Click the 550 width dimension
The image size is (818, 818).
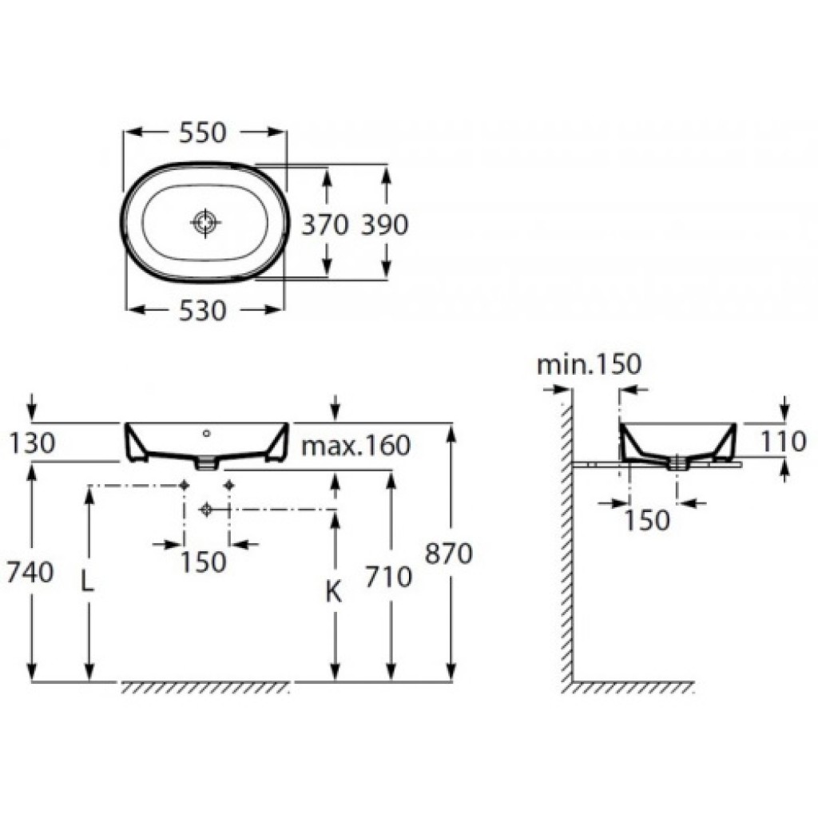(x=204, y=133)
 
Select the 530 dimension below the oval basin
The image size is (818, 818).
(x=204, y=311)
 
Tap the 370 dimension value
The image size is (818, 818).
(x=325, y=224)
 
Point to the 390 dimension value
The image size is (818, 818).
(x=385, y=224)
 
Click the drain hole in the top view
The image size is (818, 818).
(x=205, y=223)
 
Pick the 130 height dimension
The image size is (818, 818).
(x=32, y=443)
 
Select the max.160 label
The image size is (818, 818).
(x=356, y=446)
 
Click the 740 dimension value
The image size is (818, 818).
(x=30, y=572)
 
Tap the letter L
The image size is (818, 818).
(x=88, y=582)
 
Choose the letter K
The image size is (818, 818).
(x=333, y=592)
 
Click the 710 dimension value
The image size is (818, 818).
(x=389, y=577)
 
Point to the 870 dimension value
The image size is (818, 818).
(x=449, y=554)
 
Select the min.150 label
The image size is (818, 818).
(x=589, y=364)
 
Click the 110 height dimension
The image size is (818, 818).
(x=784, y=443)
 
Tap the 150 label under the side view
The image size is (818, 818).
(x=647, y=520)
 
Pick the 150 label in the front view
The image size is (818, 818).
(x=204, y=562)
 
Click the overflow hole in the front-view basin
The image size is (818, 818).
(x=207, y=433)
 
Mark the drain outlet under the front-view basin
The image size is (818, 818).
(x=207, y=463)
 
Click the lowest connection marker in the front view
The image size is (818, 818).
(x=206, y=510)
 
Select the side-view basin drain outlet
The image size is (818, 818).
(x=677, y=463)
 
